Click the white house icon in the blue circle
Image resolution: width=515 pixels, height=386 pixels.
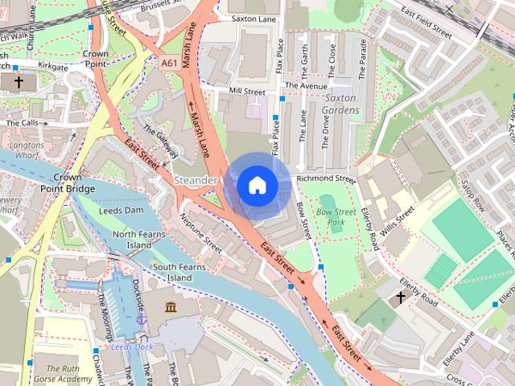pyautogui.click(x=257, y=186)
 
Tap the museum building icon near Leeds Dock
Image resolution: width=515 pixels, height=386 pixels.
pyautogui.click(x=171, y=307)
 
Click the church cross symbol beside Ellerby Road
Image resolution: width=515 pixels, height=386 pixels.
pyautogui.click(x=400, y=298)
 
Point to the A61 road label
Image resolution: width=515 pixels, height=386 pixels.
pyautogui.click(x=169, y=63)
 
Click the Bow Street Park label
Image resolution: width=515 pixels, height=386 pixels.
pyautogui.click(x=336, y=216)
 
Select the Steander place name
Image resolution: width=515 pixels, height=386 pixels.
pyautogui.click(x=196, y=180)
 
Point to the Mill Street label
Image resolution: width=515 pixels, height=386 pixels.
pyautogui.click(x=246, y=92)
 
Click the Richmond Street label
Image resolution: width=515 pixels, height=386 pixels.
pyautogui.click(x=325, y=179)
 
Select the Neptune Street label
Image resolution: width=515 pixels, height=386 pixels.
pyautogui.click(x=200, y=232)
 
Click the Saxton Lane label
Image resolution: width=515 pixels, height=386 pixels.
pyautogui.click(x=253, y=17)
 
